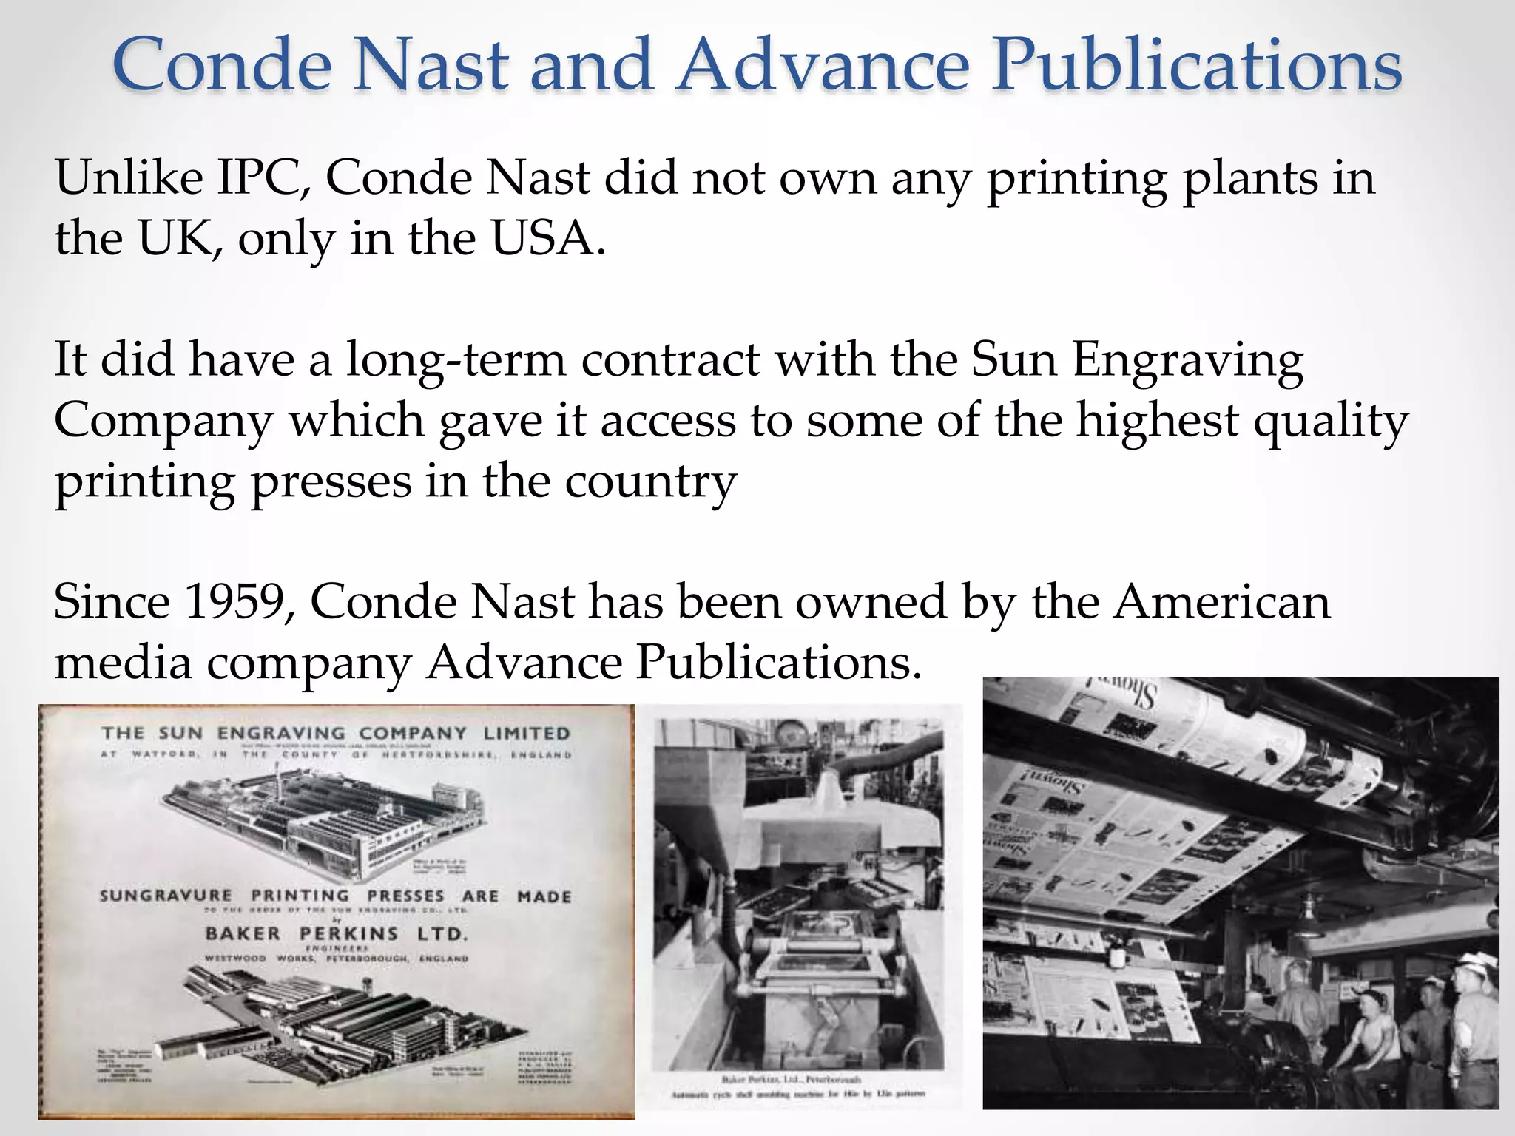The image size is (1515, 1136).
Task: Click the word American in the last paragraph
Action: pyautogui.click(x=1222, y=602)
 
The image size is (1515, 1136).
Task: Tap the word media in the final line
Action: pyautogui.click(x=123, y=663)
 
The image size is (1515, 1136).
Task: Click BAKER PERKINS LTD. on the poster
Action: pyautogui.click(x=337, y=934)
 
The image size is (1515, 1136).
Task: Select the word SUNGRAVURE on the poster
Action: pyautogui.click(x=166, y=896)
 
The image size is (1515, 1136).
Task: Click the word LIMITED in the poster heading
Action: pyautogui.click(x=527, y=734)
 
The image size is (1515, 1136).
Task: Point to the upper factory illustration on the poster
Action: pyautogui.click(x=325, y=821)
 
